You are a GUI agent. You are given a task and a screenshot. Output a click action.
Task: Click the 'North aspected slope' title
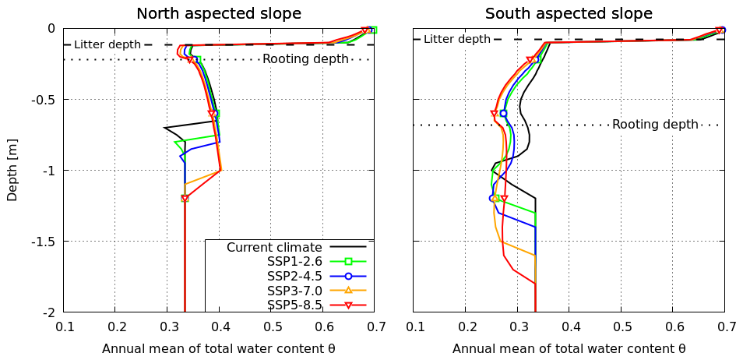click(x=219, y=14)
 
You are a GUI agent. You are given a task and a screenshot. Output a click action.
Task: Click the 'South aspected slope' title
click(x=569, y=14)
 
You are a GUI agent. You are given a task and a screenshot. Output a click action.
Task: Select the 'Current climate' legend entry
click(x=274, y=247)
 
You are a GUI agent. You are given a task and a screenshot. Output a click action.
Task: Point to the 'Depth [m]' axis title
click(x=12, y=171)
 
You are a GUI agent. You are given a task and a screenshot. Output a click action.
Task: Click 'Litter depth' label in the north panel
click(x=107, y=45)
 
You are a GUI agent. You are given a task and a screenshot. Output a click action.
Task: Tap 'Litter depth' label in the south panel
click(x=457, y=39)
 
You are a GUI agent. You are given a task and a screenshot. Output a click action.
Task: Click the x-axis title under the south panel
click(x=569, y=348)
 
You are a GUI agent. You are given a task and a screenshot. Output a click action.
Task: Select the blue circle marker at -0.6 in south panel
click(x=503, y=113)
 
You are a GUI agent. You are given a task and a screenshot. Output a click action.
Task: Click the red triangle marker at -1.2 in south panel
click(x=504, y=199)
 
